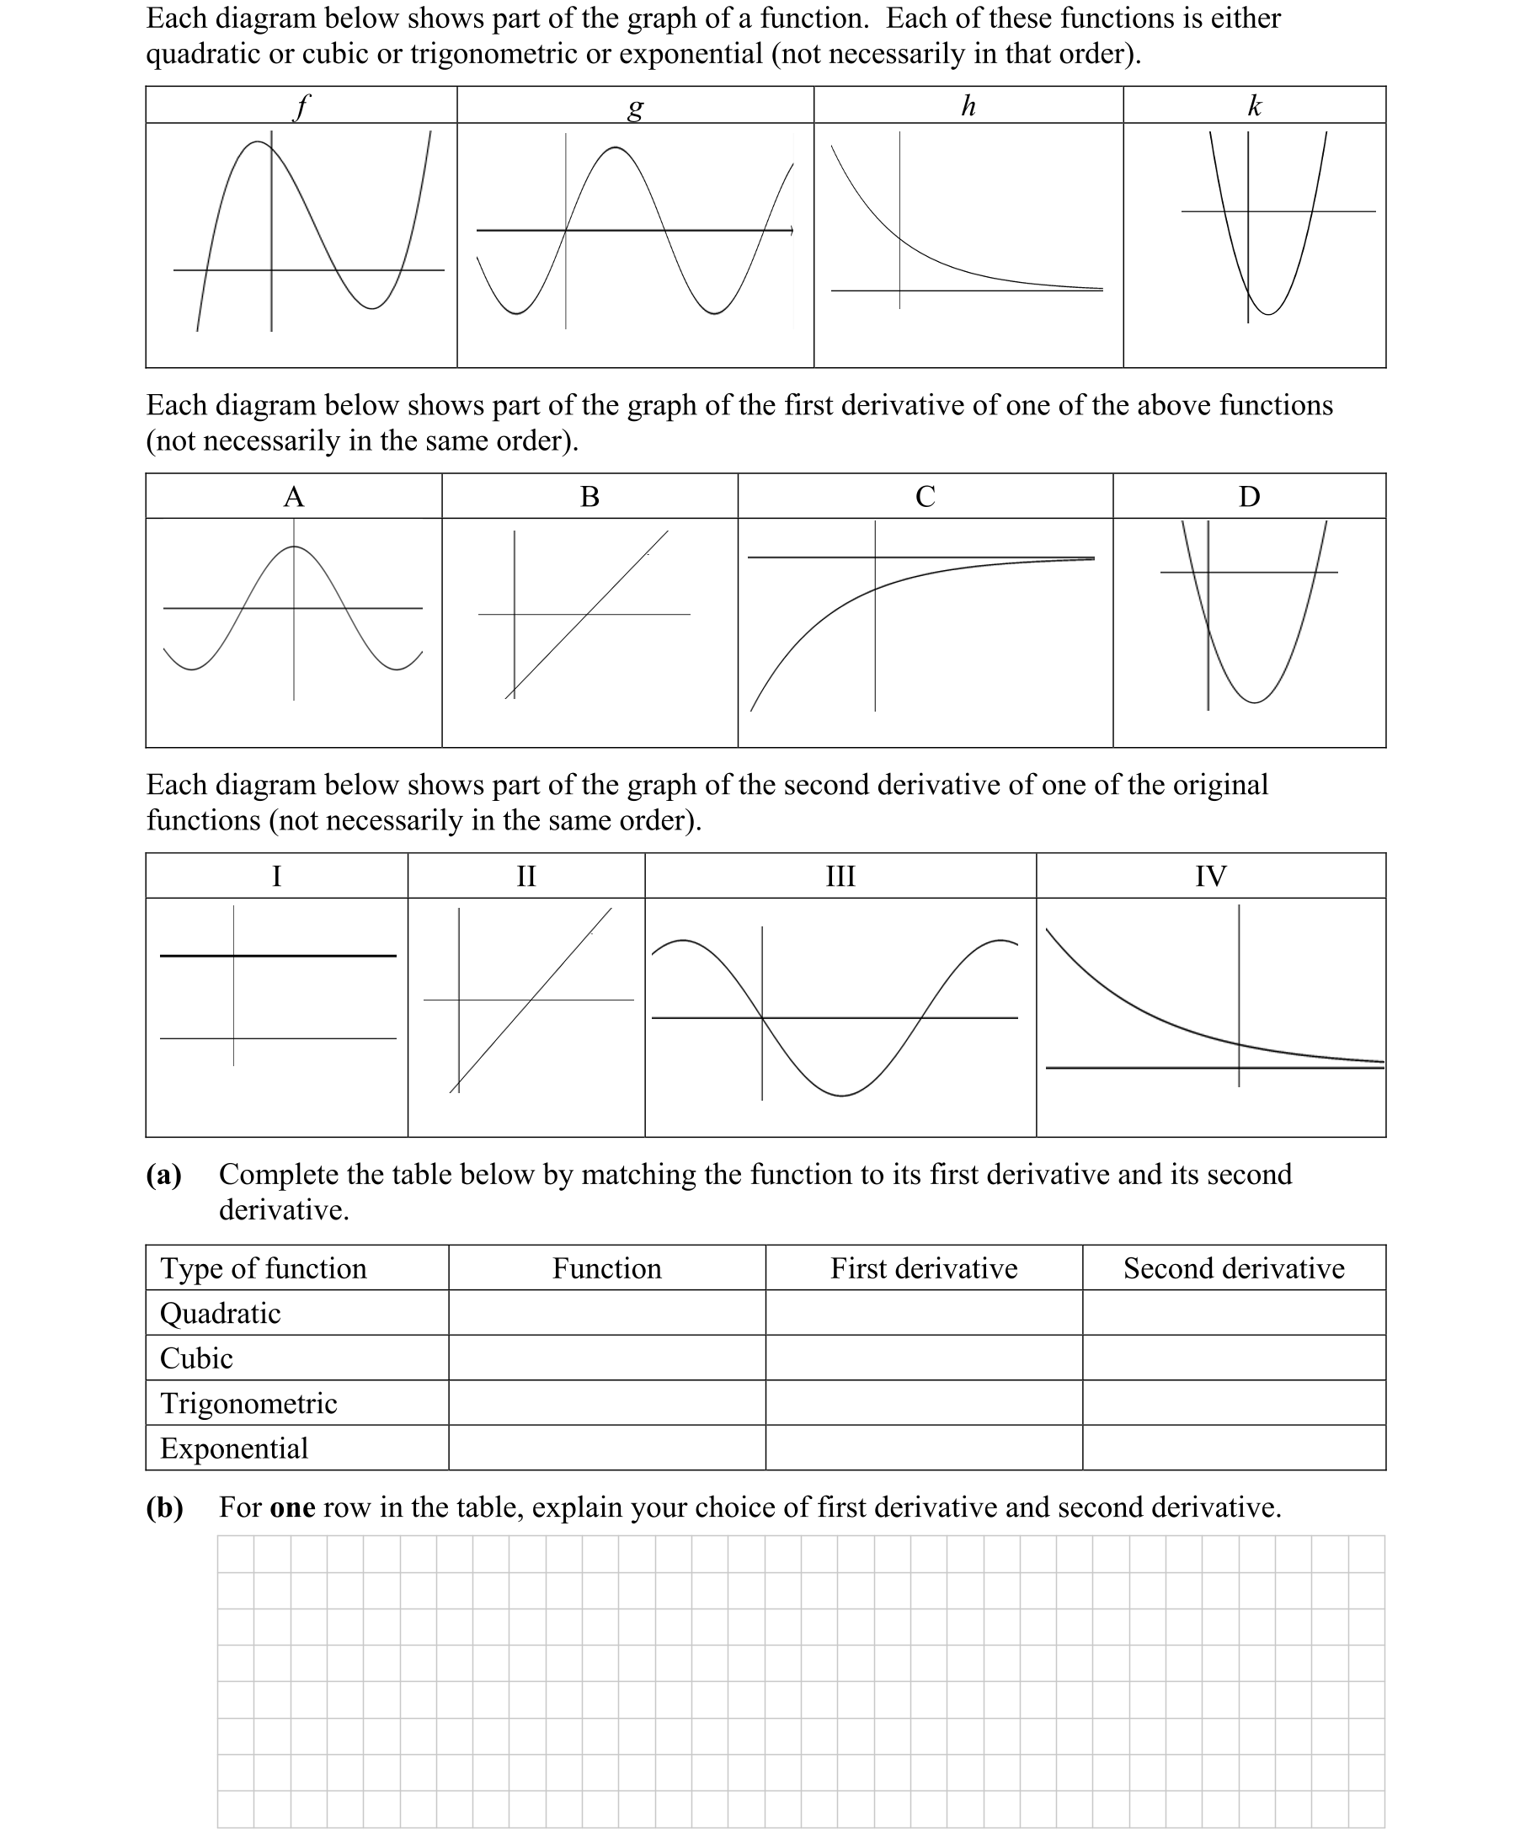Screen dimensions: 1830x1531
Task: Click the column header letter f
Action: pos(301,106)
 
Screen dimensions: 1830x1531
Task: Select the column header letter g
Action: pos(635,107)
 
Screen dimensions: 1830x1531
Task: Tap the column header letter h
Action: pos(968,105)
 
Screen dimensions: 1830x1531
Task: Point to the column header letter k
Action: pos(1254,105)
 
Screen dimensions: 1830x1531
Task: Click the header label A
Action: pos(294,497)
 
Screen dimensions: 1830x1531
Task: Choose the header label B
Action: pos(590,497)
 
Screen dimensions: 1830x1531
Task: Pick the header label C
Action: pos(926,497)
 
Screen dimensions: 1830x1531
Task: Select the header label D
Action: pos(1249,497)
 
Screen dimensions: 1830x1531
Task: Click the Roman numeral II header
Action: pos(526,876)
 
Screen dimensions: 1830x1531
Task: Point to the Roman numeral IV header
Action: pos(1210,876)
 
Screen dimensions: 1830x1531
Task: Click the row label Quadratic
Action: pos(221,1313)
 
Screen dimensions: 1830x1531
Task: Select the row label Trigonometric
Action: pos(248,1403)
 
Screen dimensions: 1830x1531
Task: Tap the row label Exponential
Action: pos(234,1449)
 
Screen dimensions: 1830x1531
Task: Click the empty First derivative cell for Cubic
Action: pos(924,1358)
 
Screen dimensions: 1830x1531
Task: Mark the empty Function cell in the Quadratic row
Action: pos(606,1313)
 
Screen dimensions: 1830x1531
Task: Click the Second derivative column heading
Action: pos(1233,1268)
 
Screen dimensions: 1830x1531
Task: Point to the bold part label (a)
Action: pos(164,1175)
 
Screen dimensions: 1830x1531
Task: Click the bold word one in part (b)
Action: pos(293,1507)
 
